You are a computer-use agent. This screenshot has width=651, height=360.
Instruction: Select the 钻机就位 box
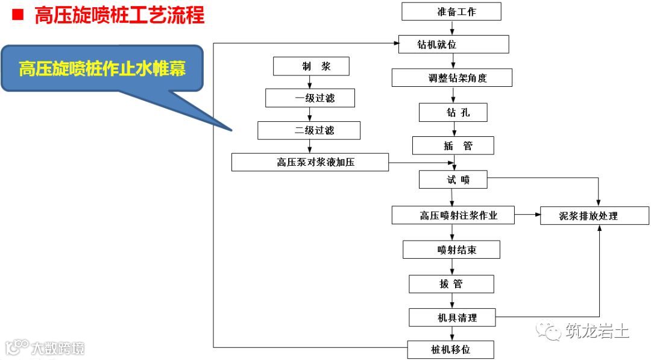(x=453, y=45)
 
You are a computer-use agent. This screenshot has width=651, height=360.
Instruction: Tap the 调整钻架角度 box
(x=452, y=78)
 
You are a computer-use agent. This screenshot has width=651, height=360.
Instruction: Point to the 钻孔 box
(x=453, y=112)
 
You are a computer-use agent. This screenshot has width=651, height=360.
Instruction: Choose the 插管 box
(x=453, y=145)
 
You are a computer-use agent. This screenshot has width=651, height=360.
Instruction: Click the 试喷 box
(x=453, y=179)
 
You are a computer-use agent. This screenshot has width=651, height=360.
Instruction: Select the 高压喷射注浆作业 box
(x=453, y=215)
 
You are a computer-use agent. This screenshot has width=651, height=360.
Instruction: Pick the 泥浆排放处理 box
(x=594, y=215)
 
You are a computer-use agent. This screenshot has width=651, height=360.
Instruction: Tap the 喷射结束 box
(x=451, y=250)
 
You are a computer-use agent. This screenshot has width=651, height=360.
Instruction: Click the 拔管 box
(x=451, y=284)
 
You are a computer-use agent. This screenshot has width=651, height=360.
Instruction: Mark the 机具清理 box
(x=451, y=317)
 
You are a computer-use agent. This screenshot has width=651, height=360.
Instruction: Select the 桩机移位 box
(x=450, y=350)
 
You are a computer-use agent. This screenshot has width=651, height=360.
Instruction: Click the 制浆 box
(x=311, y=66)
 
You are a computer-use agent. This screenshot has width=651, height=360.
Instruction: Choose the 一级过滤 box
(x=310, y=98)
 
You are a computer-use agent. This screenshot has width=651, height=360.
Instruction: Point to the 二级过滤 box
(x=309, y=130)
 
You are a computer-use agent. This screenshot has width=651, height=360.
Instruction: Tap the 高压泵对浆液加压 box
(x=310, y=162)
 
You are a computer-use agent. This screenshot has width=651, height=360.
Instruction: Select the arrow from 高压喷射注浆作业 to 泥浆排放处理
(x=527, y=215)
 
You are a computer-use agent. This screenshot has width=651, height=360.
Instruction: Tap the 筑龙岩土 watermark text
(x=597, y=331)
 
